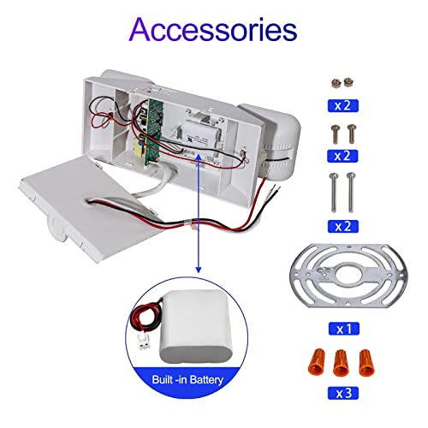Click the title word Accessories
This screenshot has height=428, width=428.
[x=213, y=30]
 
